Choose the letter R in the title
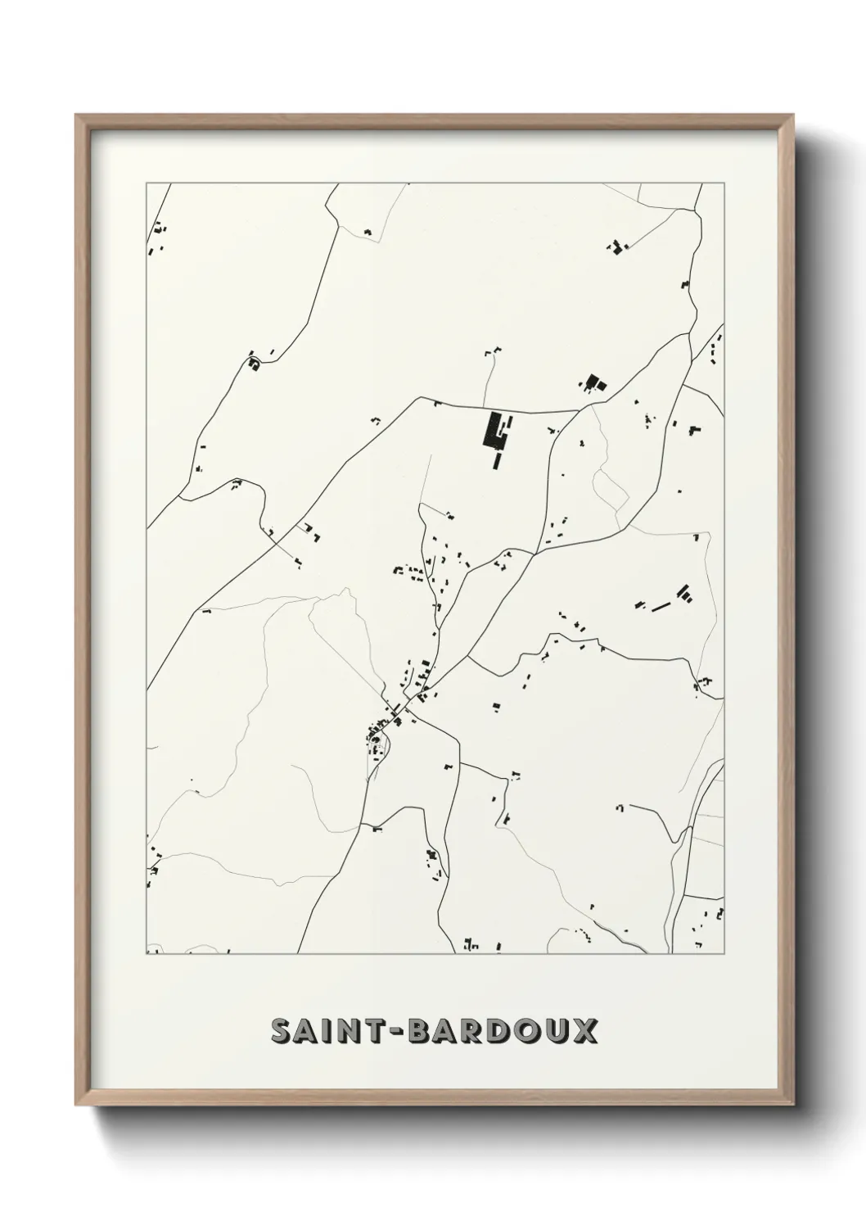(x=476, y=1032)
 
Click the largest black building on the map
(x=494, y=431)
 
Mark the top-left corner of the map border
(x=147, y=183)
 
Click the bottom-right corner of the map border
(x=724, y=954)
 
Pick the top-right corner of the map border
(x=724, y=183)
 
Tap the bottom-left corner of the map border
(x=147, y=954)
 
